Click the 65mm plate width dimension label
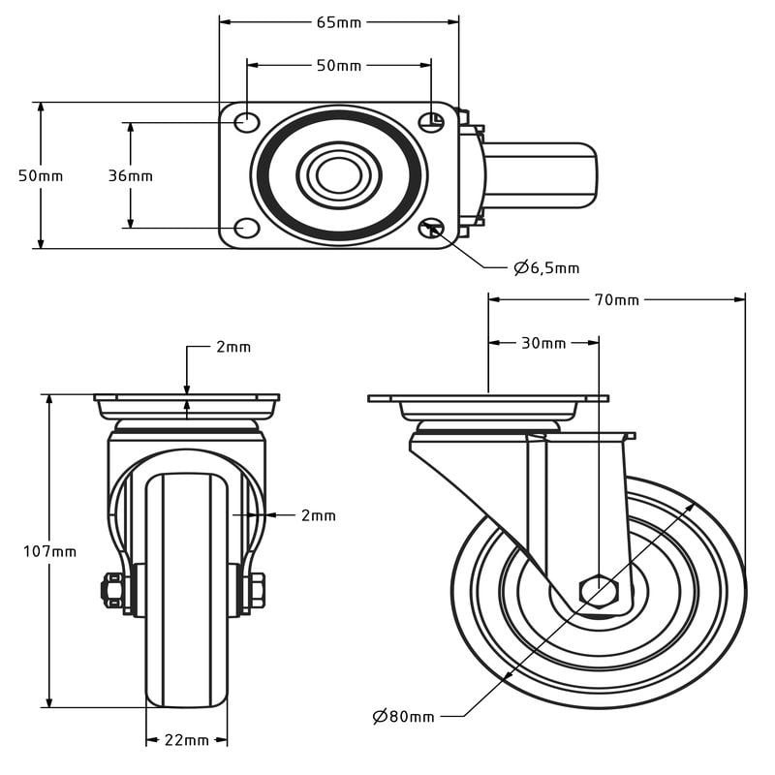[338, 21]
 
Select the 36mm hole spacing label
[130, 175]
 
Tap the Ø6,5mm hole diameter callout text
[546, 267]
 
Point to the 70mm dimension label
[616, 299]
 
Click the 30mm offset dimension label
[543, 343]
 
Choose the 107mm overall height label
[49, 551]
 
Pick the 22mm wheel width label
[186, 740]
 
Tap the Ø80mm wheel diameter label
[404, 716]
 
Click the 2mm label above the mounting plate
[232, 347]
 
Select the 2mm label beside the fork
[318, 515]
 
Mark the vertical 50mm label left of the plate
[41, 175]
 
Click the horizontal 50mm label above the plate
[338, 66]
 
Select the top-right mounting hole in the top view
[431, 122]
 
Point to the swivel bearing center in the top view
[338, 175]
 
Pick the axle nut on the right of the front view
[256, 590]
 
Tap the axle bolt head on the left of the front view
[112, 590]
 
